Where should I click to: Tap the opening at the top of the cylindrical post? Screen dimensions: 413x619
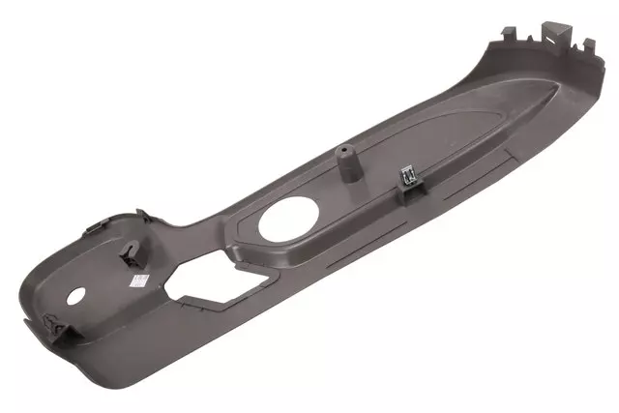coord(343,151)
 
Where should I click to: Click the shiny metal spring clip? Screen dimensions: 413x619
coord(409,175)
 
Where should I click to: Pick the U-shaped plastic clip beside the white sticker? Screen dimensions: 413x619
coord(129,253)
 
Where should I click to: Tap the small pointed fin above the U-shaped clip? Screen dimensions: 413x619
coord(141,215)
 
